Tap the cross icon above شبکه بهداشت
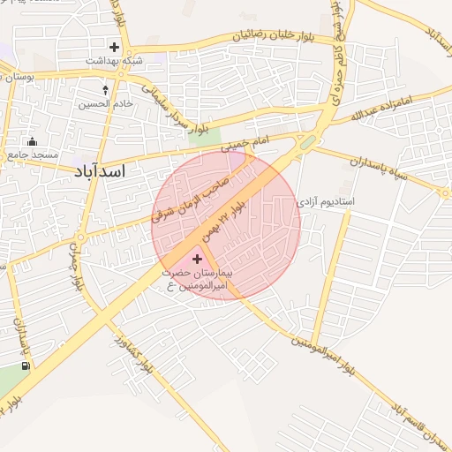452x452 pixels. [115, 46]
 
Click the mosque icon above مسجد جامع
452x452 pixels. [33, 142]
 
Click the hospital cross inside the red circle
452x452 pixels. [196, 258]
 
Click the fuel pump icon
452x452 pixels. [26, 365]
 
